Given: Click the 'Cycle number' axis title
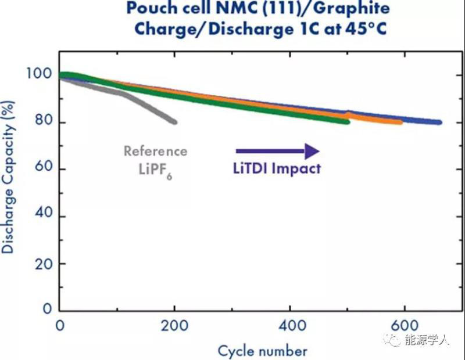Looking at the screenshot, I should tap(262, 350).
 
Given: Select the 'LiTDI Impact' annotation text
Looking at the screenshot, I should tap(273, 170).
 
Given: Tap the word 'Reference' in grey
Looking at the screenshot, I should tap(155, 152).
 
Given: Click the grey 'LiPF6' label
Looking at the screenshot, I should tap(153, 171).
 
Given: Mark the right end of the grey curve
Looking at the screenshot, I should tap(174, 122).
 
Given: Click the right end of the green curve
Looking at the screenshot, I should tap(347, 121).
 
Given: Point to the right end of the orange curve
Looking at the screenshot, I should tap(399, 122).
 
